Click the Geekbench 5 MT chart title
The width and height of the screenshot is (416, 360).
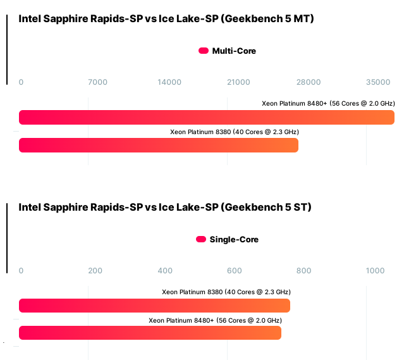pos(166,19)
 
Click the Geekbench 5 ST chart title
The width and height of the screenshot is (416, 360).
pos(165,208)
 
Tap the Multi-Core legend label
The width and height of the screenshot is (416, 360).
pos(234,51)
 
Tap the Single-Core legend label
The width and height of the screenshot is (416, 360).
pos(234,240)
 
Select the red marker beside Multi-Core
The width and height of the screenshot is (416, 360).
pos(204,51)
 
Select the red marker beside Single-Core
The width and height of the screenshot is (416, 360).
pos(201,240)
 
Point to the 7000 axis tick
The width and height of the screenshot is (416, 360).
pos(97,82)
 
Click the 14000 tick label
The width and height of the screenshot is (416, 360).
pos(169,82)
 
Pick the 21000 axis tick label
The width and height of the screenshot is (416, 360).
pos(238,82)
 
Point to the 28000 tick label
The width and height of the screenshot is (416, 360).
pos(309,82)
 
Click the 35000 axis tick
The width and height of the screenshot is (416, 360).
pos(378,82)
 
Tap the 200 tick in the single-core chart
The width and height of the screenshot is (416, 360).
pos(95,271)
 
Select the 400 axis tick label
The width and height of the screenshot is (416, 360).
pos(165,271)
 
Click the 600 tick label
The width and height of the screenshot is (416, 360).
pos(235,271)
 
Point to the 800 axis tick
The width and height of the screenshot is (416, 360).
pos(304,271)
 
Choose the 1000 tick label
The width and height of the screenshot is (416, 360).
pos(375,271)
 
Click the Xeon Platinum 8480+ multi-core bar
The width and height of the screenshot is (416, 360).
pos(207,118)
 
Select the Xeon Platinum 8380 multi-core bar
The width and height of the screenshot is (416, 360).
pos(159,146)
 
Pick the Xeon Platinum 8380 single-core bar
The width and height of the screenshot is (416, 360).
pos(154,306)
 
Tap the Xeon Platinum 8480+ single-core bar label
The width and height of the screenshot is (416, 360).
pos(215,321)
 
